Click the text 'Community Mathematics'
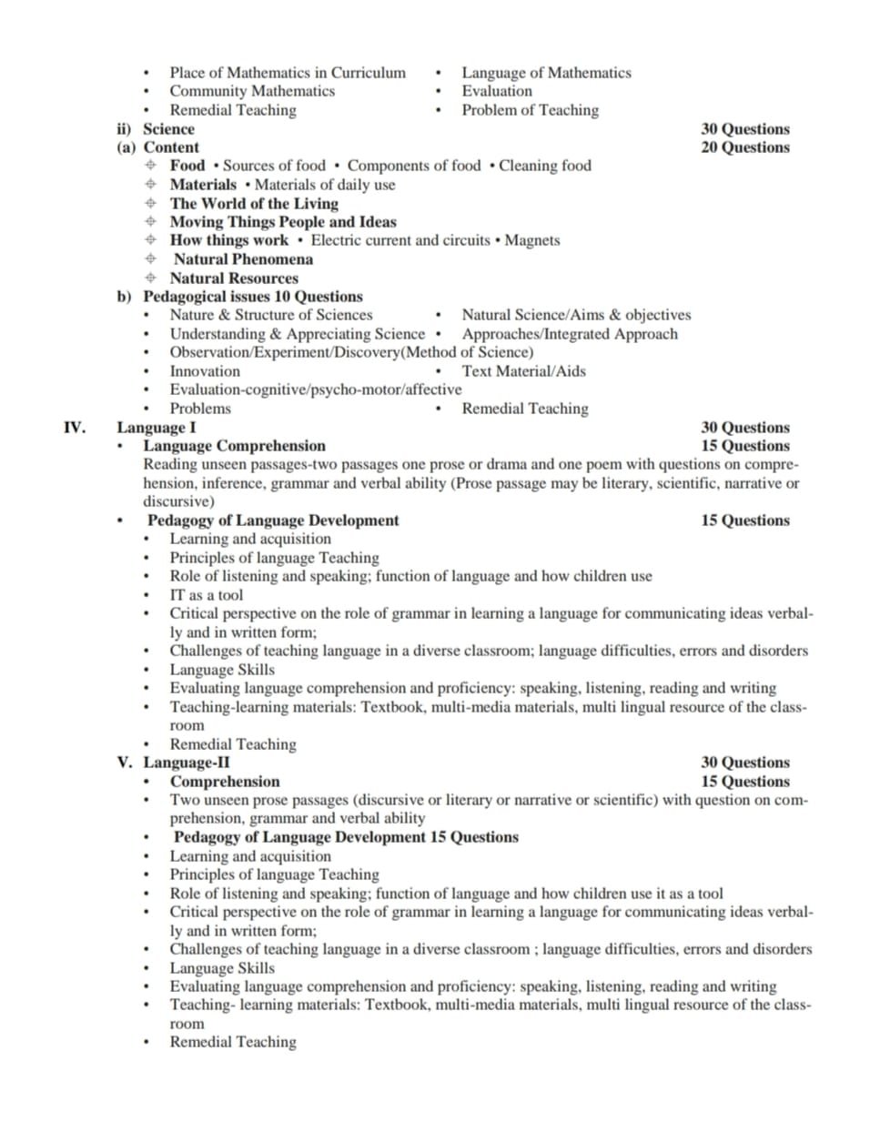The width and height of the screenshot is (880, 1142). (x=252, y=91)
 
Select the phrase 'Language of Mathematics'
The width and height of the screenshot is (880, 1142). (x=546, y=73)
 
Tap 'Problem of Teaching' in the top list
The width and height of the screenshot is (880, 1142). (x=530, y=110)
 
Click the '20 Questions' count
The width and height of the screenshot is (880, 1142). (x=744, y=147)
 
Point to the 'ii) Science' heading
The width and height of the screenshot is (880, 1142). (x=156, y=129)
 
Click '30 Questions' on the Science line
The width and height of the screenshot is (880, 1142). (x=744, y=129)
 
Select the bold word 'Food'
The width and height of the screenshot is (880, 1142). (x=187, y=166)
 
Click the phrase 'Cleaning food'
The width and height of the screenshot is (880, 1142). (x=544, y=166)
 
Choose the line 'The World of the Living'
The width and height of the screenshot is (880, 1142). (x=254, y=204)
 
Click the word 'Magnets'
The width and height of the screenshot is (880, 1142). (x=532, y=240)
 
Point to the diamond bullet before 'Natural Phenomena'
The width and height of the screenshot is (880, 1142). (x=150, y=259)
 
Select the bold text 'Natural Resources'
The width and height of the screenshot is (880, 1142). (x=234, y=278)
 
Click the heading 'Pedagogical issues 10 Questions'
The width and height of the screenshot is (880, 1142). (x=253, y=297)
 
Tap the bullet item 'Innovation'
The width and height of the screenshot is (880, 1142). (x=205, y=371)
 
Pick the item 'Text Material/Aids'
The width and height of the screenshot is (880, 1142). (x=523, y=371)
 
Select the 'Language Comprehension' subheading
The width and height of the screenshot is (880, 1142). (x=234, y=446)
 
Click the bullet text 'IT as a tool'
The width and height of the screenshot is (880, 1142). (x=207, y=595)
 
